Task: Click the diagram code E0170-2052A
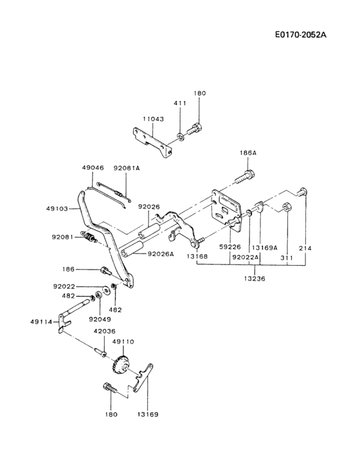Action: coord(301,35)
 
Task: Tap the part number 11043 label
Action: coord(153,119)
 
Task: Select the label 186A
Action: coord(248,152)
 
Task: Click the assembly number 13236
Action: coord(255,279)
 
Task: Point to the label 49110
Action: coord(123,342)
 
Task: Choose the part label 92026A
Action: coord(161,254)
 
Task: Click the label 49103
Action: coord(57,208)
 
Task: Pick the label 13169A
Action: coord(264,248)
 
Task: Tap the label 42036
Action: coord(104,331)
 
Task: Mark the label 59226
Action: coord(230,247)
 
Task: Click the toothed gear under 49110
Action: coord(122,364)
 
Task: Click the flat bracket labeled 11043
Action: coord(152,142)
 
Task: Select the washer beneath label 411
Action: coord(181,137)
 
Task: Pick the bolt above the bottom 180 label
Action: coord(111,387)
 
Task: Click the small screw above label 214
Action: coord(301,192)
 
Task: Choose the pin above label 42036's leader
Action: coord(100,352)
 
